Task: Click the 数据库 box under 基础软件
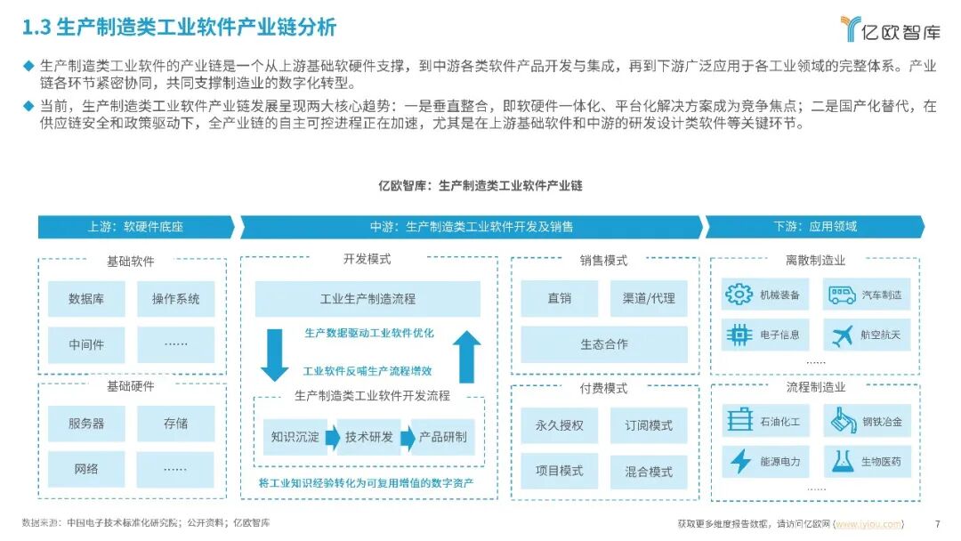[86, 299]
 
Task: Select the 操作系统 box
[176, 299]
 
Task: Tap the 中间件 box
[86, 344]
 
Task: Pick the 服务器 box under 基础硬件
[86, 424]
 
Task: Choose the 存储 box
[176, 424]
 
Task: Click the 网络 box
[86, 469]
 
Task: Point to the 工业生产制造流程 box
[367, 299]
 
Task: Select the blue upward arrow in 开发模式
[465, 355]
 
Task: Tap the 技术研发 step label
[369, 437]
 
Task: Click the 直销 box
[560, 299]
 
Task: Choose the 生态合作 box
[604, 344]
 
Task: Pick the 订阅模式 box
[649, 425]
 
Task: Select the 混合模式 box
[649, 471]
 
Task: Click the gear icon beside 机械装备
[739, 295]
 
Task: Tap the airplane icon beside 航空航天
[842, 335]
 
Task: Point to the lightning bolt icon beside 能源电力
[740, 461]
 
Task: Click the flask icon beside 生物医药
[842, 461]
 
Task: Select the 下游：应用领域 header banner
[814, 227]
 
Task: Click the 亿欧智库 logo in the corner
[890, 30]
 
